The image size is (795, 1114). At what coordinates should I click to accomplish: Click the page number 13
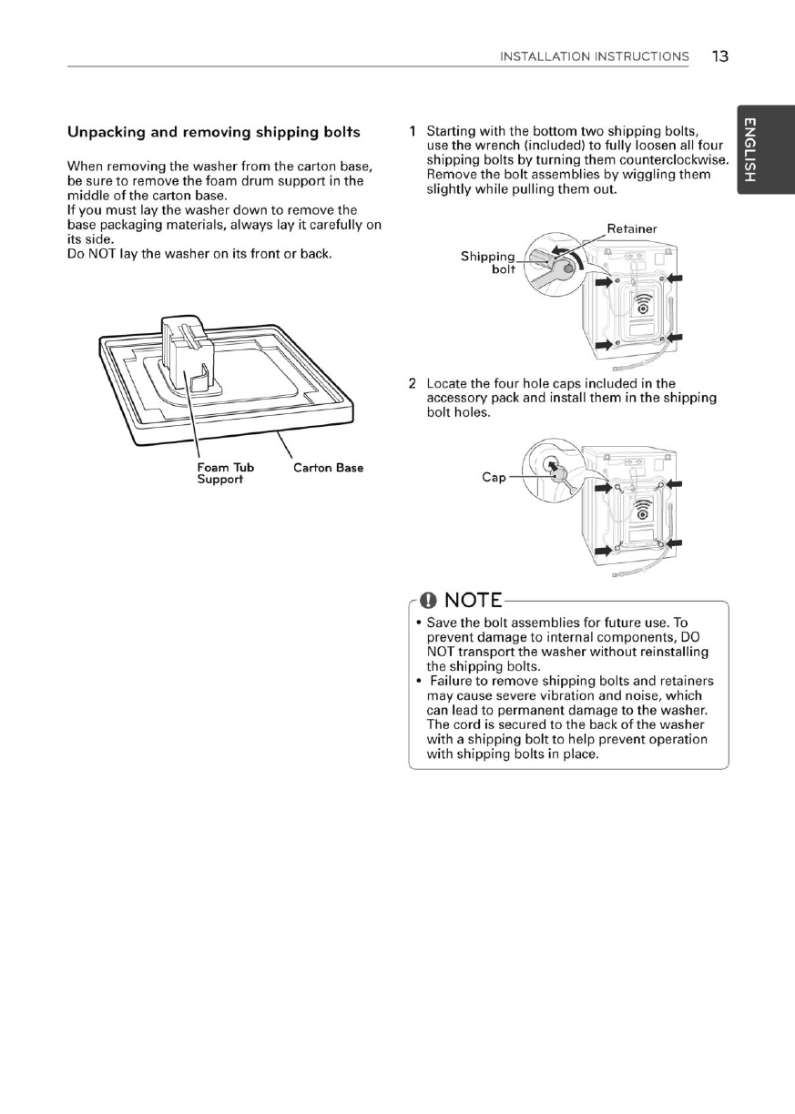[719, 56]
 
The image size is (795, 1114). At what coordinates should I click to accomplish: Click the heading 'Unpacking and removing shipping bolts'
[214, 132]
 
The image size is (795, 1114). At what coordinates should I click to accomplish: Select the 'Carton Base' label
[328, 468]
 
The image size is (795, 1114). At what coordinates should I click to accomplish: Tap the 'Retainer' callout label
[631, 229]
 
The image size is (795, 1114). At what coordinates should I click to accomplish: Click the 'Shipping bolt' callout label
[488, 263]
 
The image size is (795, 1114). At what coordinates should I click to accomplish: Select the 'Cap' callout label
[494, 478]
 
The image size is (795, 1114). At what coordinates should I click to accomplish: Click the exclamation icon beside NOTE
[428, 601]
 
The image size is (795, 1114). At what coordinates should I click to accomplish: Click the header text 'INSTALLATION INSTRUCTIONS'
[594, 56]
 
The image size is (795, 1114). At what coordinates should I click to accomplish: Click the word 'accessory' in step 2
[457, 398]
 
